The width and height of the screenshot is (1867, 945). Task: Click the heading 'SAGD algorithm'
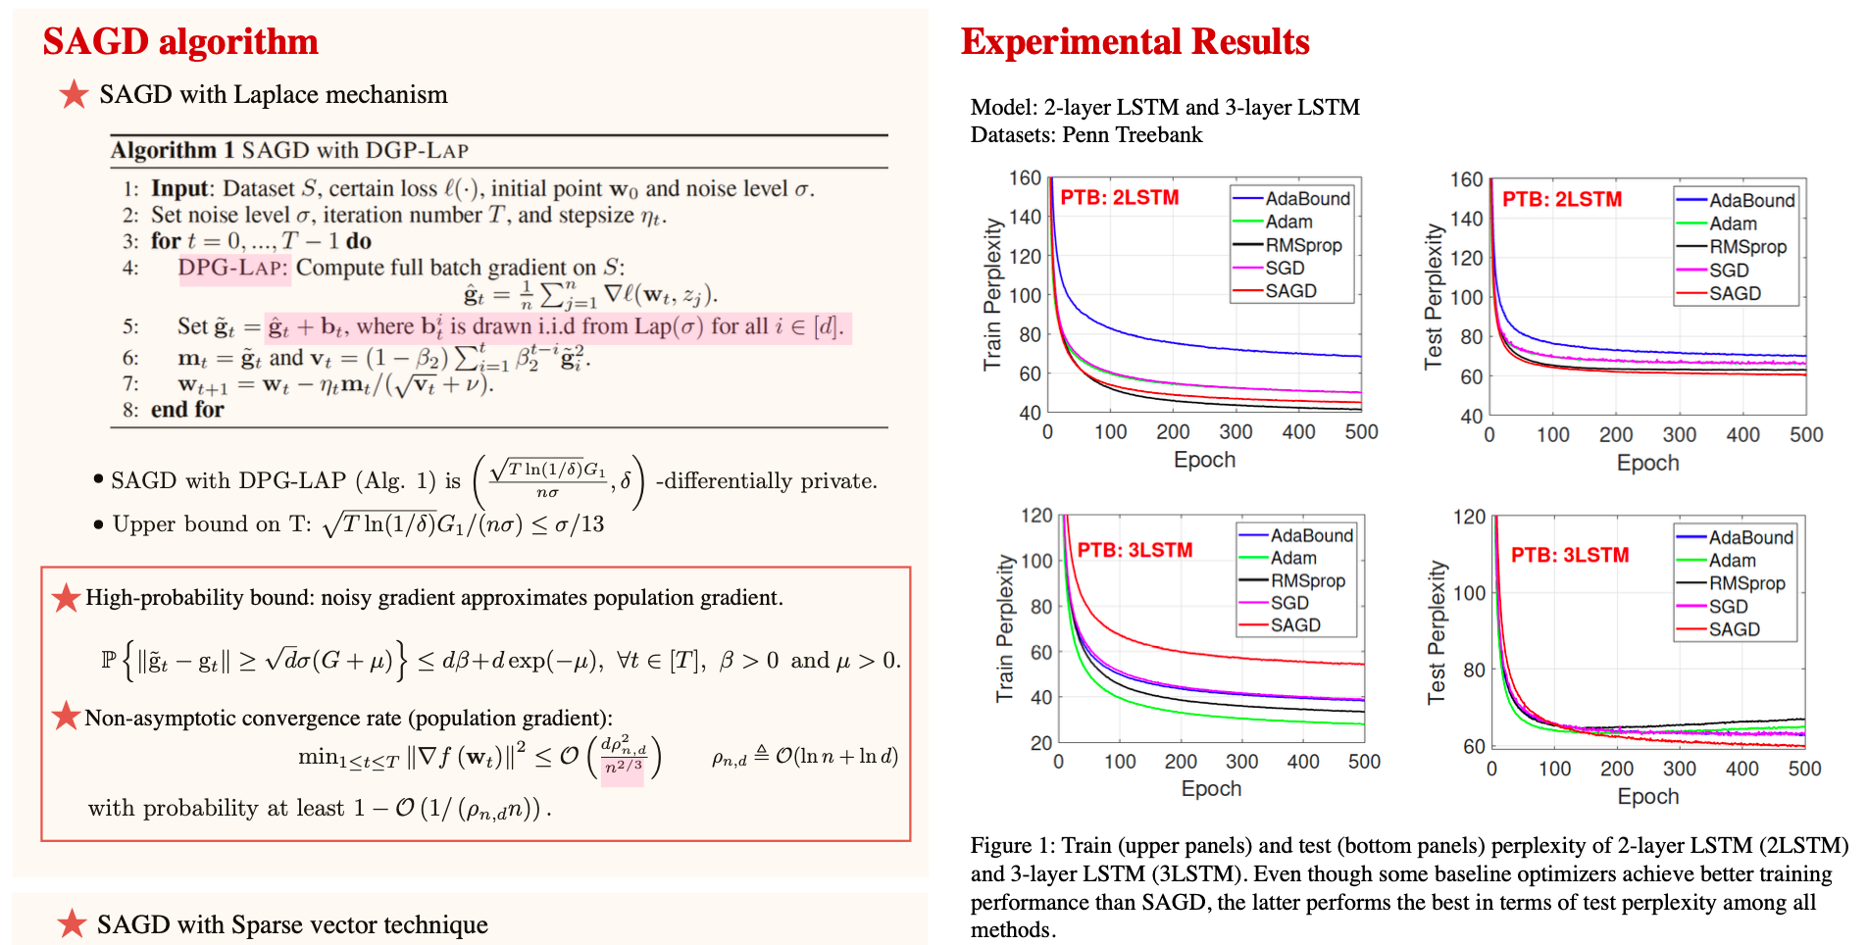[180, 42]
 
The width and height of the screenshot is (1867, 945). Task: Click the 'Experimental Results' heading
[1135, 42]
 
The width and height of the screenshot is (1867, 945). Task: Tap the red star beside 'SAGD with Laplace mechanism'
[74, 95]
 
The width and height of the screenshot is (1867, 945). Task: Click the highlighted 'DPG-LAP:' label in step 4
[233, 268]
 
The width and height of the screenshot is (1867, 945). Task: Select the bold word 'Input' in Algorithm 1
[179, 188]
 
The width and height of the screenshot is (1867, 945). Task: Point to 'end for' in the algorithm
[186, 410]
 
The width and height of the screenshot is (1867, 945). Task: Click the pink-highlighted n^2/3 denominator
[623, 768]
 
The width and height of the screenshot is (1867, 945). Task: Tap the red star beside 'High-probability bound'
[66, 598]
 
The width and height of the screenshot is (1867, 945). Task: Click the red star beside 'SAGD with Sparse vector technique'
[72, 923]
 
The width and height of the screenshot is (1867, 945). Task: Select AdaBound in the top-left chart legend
[1307, 199]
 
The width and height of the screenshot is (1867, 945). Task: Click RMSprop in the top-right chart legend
[1747, 247]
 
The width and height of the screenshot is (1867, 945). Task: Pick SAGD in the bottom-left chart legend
[1294, 625]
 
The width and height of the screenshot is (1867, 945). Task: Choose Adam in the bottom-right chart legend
[1732, 561]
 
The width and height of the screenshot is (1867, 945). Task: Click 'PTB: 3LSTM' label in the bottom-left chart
[1135, 550]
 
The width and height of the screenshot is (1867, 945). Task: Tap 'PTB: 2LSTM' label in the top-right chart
[1562, 199]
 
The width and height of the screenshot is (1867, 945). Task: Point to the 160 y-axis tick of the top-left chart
[1025, 177]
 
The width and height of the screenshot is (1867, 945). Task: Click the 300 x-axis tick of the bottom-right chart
[1679, 769]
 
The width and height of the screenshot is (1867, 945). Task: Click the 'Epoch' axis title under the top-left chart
[1204, 460]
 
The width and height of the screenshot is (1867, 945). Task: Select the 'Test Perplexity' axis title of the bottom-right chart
[1437, 631]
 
